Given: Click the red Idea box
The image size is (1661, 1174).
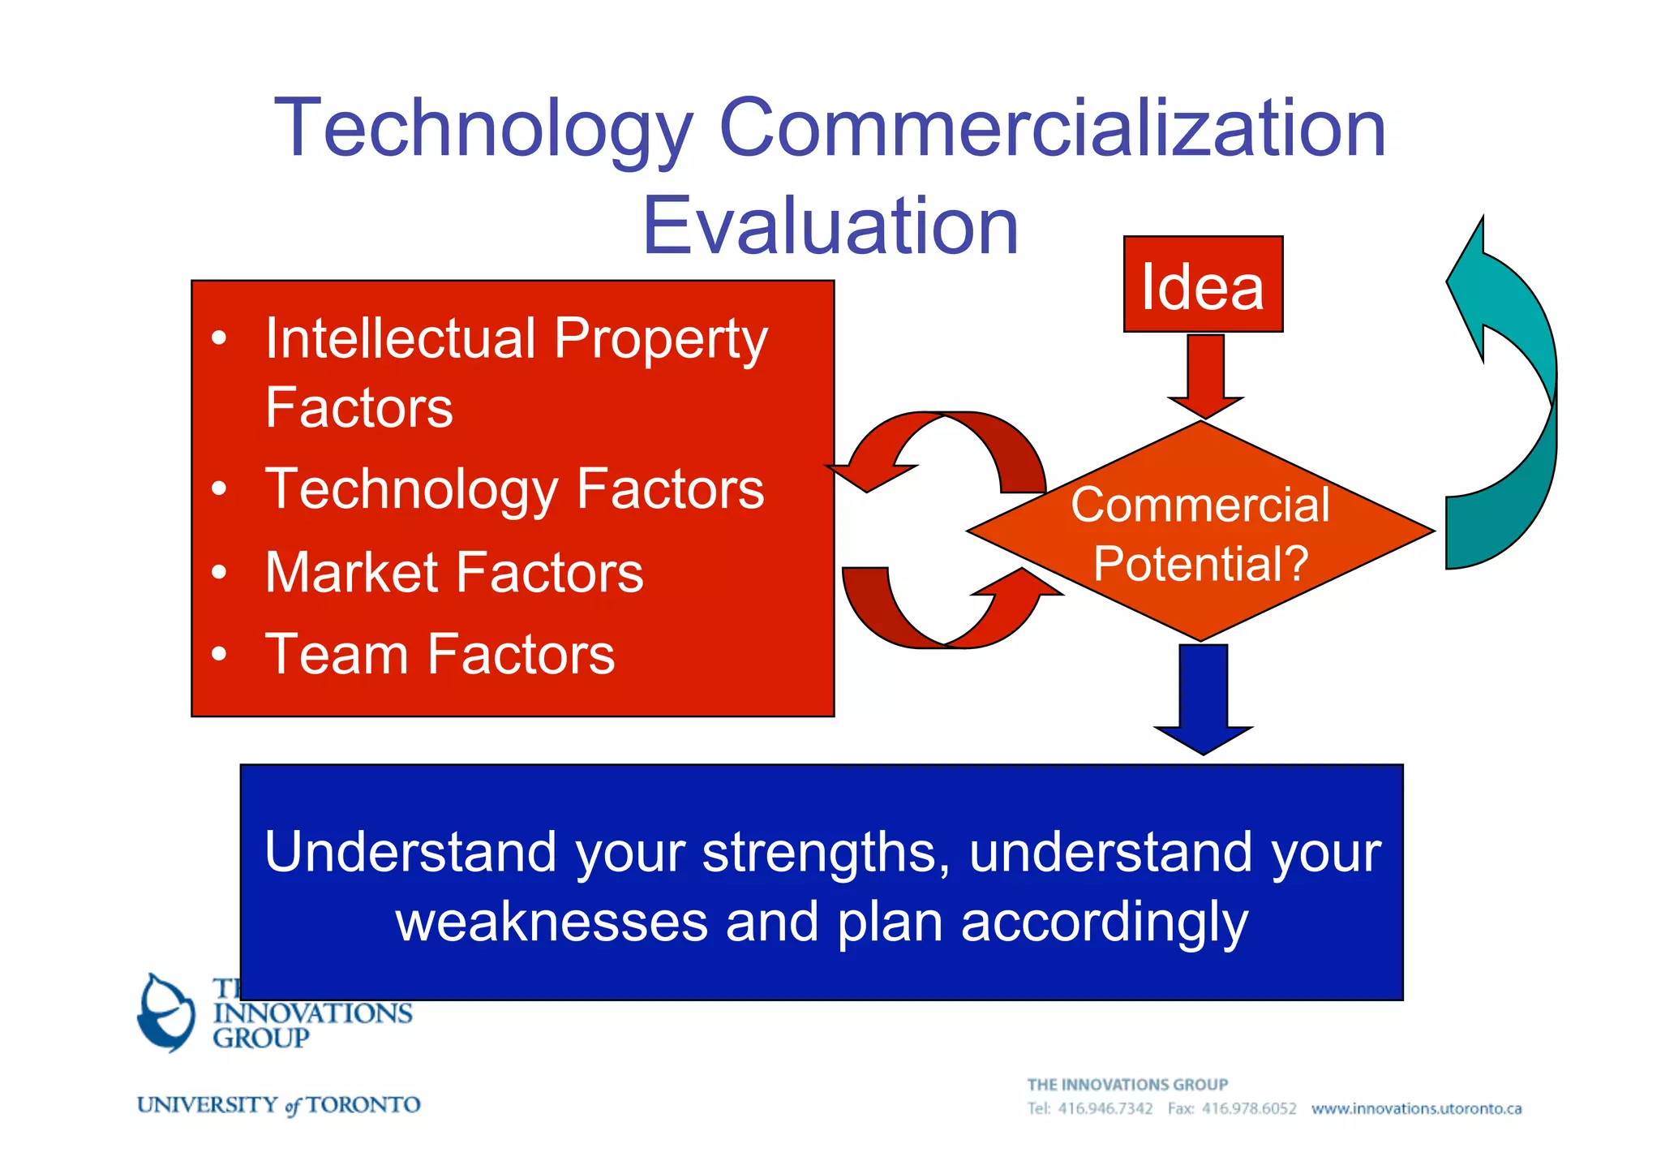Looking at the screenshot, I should (1202, 285).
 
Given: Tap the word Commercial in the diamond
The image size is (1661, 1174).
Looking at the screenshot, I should (1200, 505).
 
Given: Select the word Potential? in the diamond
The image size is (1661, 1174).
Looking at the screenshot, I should (1200, 563).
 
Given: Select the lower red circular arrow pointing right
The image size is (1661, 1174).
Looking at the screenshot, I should (949, 617).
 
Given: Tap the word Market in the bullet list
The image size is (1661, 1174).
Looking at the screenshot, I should (350, 573).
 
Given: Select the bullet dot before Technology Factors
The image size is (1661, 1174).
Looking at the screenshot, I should (218, 489).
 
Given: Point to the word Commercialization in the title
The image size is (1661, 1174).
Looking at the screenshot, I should (1052, 127).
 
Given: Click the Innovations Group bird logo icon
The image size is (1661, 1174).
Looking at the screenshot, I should (166, 1013).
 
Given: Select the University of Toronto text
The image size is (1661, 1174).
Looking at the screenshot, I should (278, 1105).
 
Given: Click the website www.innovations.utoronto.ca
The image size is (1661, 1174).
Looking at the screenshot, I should (1416, 1108).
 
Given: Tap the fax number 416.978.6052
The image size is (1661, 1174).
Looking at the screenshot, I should (1249, 1108).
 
